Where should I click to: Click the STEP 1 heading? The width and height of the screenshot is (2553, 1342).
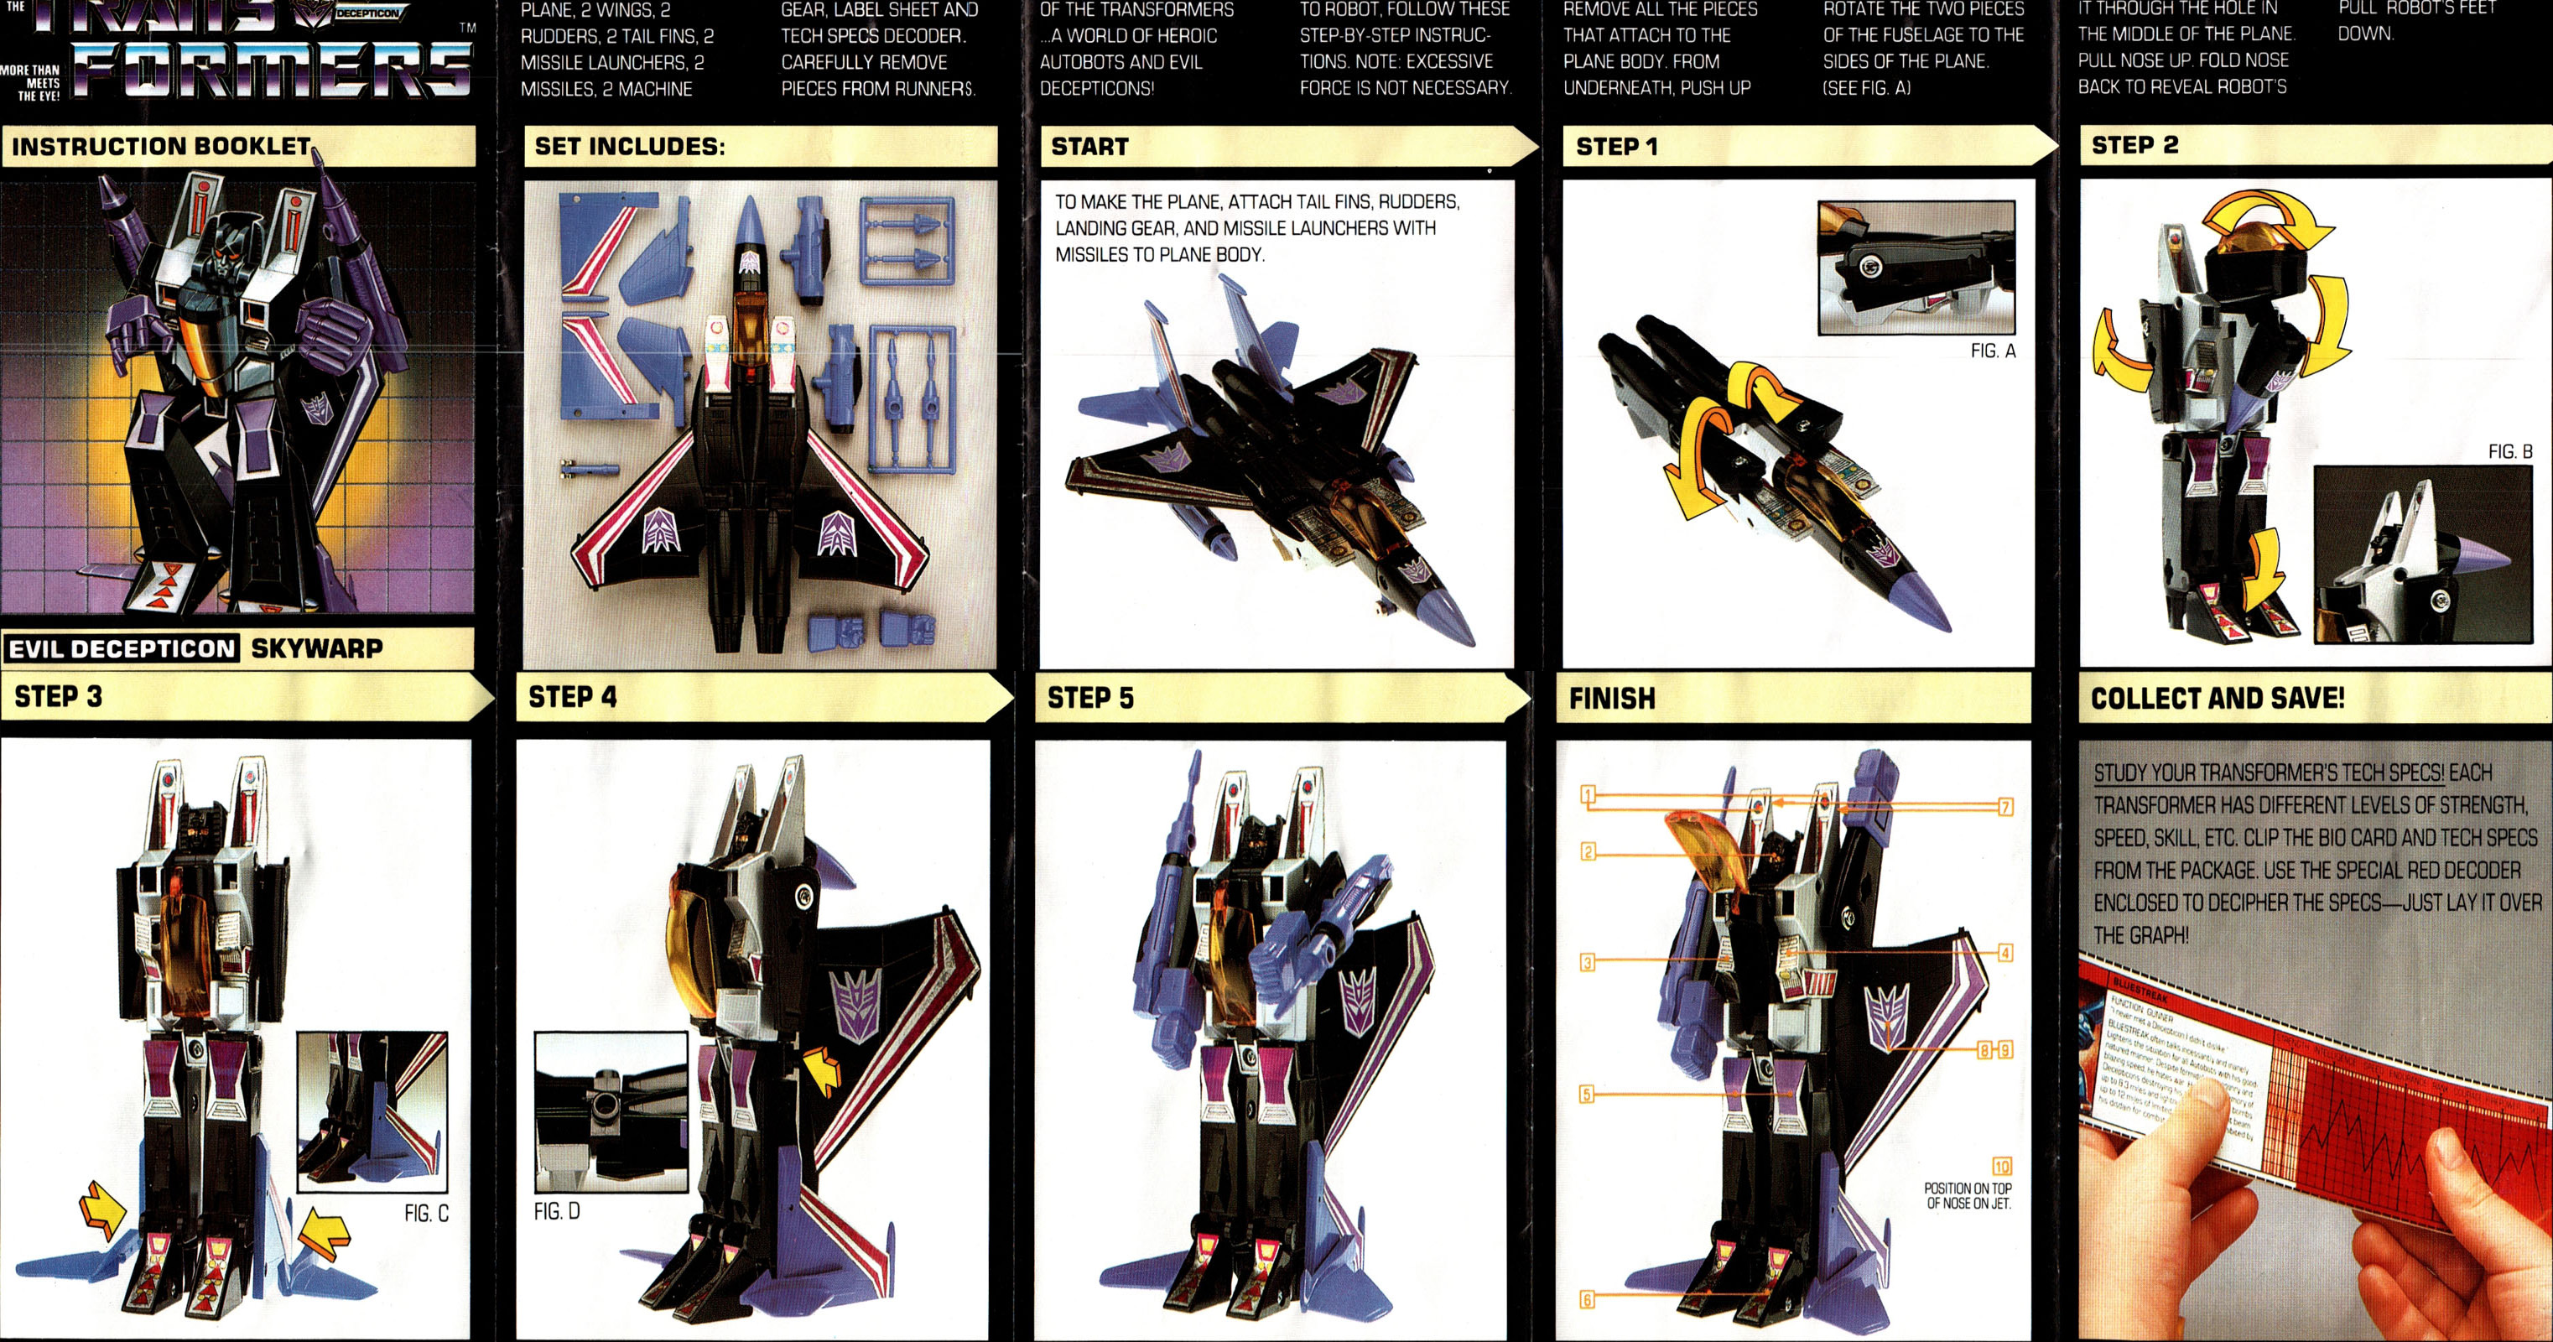(x=1616, y=147)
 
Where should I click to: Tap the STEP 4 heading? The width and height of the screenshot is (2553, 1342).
(x=572, y=697)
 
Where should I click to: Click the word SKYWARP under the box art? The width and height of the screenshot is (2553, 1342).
(x=316, y=649)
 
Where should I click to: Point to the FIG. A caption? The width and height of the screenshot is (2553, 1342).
(x=1992, y=351)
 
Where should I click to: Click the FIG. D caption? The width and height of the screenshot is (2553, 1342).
(x=557, y=1211)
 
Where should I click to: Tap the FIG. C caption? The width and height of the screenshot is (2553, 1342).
(x=426, y=1213)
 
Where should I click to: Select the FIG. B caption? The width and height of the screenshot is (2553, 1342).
(x=2509, y=452)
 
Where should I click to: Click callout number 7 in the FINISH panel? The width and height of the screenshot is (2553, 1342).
(x=2005, y=807)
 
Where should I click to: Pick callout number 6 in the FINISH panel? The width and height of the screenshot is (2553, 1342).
(x=1587, y=1299)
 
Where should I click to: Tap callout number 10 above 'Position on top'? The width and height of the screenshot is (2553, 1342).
(x=2002, y=1166)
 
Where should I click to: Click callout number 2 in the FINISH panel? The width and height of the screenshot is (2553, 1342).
(x=1588, y=851)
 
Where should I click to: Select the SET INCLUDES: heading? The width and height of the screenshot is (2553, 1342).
(x=629, y=147)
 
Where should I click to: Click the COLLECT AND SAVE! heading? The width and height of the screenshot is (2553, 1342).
(x=2217, y=699)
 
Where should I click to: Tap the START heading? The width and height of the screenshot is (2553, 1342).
(x=1089, y=147)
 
